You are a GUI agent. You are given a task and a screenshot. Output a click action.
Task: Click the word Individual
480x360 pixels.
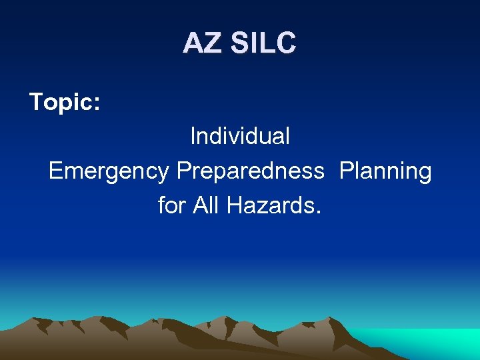pyautogui.click(x=240, y=136)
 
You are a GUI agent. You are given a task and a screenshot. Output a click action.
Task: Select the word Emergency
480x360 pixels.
pyautogui.click(x=109, y=171)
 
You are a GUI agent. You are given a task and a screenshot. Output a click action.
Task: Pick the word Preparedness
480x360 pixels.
pyautogui.click(x=250, y=171)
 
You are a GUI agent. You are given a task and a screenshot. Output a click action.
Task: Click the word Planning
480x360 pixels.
pyautogui.click(x=385, y=171)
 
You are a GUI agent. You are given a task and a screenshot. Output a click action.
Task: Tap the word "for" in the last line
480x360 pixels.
pyautogui.click(x=172, y=205)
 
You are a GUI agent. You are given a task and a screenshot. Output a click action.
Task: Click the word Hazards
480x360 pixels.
pyautogui.click(x=269, y=205)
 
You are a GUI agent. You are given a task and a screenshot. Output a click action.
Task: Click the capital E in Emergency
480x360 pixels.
pyautogui.click(x=56, y=171)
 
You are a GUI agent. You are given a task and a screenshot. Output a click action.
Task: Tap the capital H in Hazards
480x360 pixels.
pyautogui.click(x=234, y=205)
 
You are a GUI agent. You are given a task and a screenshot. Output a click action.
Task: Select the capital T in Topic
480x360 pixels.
pyautogui.click(x=36, y=102)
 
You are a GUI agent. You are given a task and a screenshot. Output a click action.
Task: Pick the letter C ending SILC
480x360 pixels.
pyautogui.click(x=285, y=44)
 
